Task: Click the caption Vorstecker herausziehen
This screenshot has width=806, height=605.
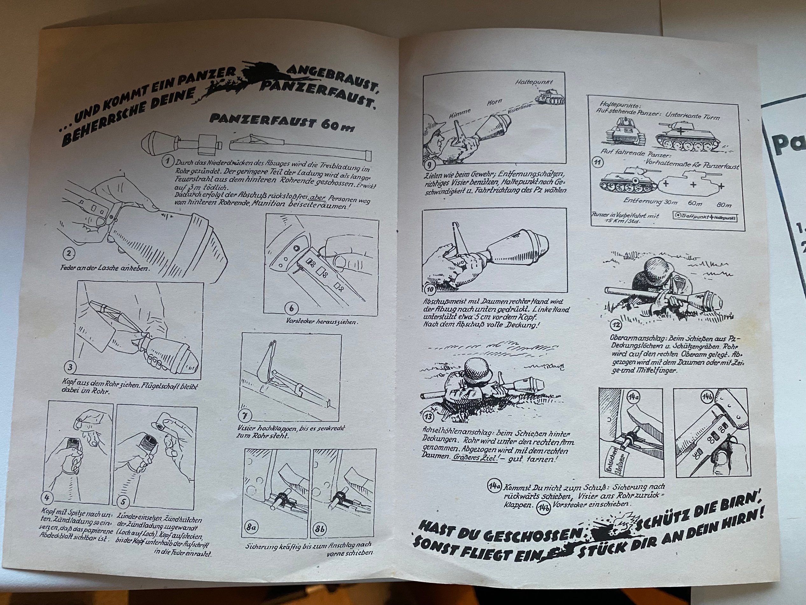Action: (322, 322)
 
